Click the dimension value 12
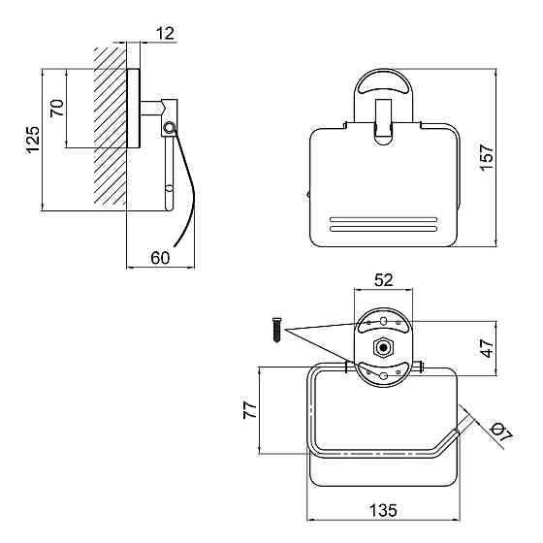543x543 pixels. coord(165,34)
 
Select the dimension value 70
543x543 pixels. coord(57,108)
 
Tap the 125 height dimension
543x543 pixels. coord(33,140)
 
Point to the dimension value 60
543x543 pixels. coord(160,258)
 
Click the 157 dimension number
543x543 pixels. coord(487,156)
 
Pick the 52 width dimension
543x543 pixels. coord(384,280)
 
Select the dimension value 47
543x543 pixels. coord(488,348)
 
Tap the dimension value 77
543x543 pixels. coord(250,410)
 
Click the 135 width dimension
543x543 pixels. coord(383,510)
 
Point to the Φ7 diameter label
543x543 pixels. coord(501,433)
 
